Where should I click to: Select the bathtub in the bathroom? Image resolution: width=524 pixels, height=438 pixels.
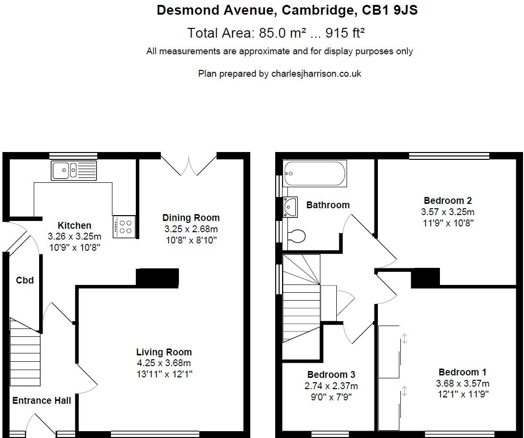[x=314, y=174]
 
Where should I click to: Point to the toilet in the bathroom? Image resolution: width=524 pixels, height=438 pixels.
[x=295, y=236]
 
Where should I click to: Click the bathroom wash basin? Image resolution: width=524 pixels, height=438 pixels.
[x=290, y=207]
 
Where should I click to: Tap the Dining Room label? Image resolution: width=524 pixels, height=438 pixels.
[x=191, y=218]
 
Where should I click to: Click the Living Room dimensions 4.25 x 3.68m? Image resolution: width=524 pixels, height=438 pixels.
[x=164, y=363]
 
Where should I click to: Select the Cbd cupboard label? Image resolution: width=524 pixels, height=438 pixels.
[x=25, y=280]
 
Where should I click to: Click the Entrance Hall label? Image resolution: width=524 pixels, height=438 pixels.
[x=42, y=400]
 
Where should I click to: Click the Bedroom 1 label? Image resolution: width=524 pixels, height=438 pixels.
[x=462, y=372]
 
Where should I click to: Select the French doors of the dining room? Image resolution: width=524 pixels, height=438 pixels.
[x=189, y=164]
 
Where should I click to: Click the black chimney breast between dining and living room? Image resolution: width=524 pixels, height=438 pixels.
[x=157, y=277]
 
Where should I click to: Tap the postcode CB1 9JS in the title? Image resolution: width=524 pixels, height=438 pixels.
[x=390, y=10]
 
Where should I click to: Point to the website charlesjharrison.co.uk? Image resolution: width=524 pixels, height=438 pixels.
[x=316, y=73]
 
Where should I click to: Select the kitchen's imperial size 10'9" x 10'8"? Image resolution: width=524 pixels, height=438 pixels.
[x=74, y=247]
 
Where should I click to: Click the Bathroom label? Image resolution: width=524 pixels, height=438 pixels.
[x=327, y=205]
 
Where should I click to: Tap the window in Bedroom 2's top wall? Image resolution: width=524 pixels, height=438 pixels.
[x=449, y=156]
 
